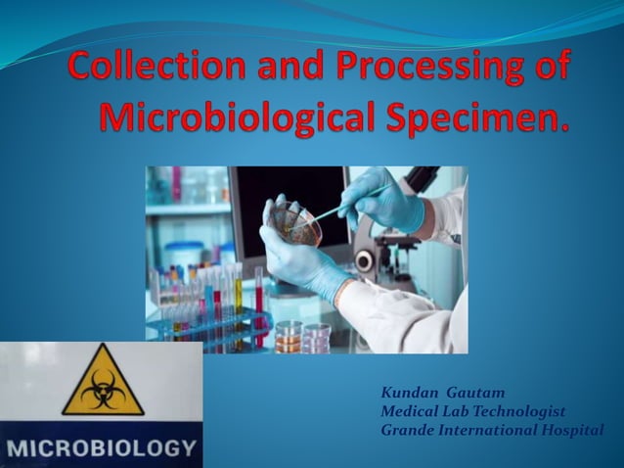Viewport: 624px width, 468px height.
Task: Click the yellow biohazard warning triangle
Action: (103, 382)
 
